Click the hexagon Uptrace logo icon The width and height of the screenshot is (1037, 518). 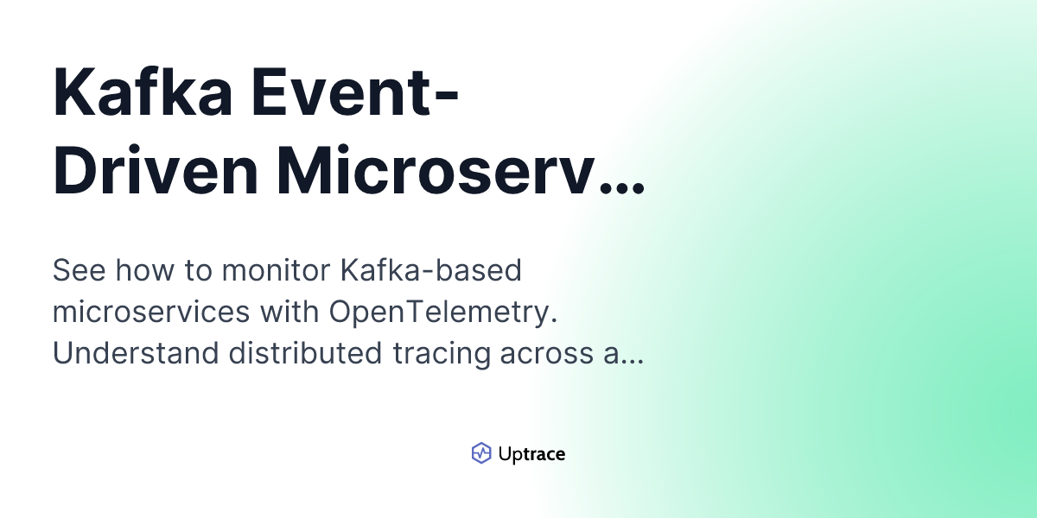tap(481, 453)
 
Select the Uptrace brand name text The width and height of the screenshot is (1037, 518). tap(531, 454)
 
